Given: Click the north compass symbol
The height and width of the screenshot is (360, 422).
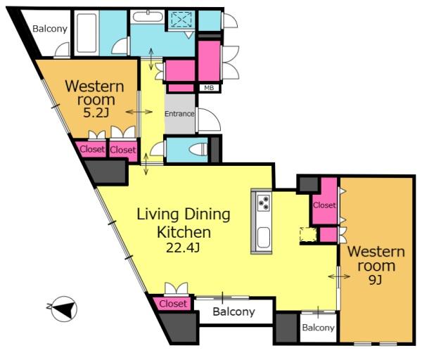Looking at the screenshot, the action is click(64, 309).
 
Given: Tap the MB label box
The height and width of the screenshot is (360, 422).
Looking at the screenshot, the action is click(209, 88).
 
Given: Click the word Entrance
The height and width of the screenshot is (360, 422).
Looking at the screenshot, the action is click(179, 114).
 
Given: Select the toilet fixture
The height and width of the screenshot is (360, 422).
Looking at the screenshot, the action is click(198, 149).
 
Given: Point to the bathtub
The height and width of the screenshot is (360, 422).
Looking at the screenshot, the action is click(87, 33).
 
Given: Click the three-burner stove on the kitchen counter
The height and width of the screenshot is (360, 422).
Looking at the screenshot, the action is click(263, 203).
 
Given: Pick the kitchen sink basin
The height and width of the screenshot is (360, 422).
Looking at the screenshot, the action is click(263, 238).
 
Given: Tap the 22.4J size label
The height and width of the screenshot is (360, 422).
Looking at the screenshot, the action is click(183, 247).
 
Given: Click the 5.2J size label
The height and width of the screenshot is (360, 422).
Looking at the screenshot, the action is click(96, 113).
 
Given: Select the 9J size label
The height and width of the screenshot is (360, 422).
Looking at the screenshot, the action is click(376, 280).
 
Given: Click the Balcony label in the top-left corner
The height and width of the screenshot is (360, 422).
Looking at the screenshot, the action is click(50, 29).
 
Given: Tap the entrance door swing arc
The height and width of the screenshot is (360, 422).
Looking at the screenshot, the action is click(210, 120).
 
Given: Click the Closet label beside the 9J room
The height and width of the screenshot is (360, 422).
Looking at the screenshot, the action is click(324, 205).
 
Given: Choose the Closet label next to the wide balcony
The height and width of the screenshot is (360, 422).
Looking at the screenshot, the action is click(173, 304).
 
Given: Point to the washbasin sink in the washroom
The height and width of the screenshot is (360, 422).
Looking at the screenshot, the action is click(148, 16).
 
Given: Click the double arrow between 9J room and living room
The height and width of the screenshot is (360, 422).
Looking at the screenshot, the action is click(339, 276).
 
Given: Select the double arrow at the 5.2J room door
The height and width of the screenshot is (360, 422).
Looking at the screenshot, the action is click(139, 112).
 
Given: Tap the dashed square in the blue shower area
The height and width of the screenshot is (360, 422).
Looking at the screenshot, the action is click(181, 19).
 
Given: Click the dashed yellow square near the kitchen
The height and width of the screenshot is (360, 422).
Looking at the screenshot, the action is click(309, 235).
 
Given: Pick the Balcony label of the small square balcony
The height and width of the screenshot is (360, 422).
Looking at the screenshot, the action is click(318, 328).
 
